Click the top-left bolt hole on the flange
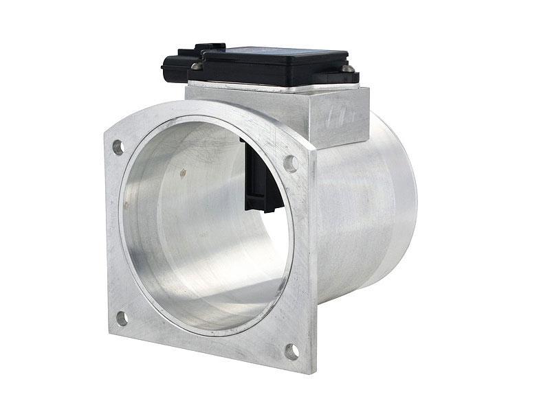118,146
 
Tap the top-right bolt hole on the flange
290,163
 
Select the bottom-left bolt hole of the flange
122,318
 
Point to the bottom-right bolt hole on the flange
291,351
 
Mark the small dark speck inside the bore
183,173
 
